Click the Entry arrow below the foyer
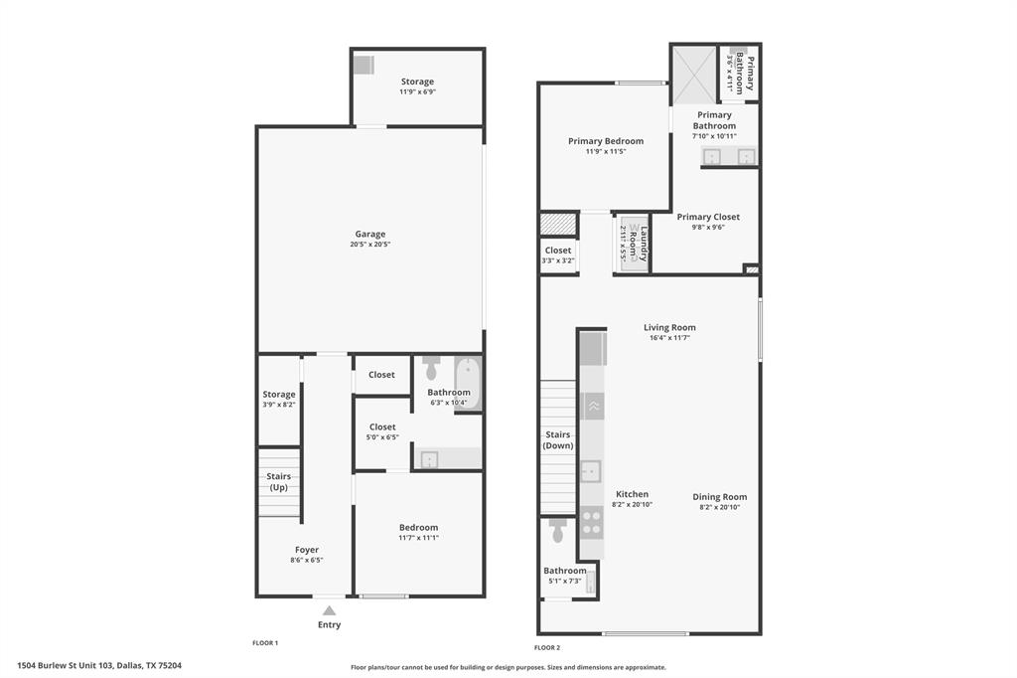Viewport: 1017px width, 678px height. click(x=329, y=610)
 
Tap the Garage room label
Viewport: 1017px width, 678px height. click(x=370, y=235)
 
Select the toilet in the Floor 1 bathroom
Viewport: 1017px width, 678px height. click(x=431, y=369)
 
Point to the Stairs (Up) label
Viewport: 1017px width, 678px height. click(x=278, y=482)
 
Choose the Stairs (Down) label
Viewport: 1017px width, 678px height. click(x=558, y=439)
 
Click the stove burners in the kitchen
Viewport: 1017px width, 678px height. click(x=591, y=521)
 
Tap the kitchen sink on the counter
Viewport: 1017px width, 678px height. click(x=591, y=470)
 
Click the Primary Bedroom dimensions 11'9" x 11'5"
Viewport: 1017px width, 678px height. click(x=606, y=152)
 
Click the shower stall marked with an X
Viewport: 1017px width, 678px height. click(x=693, y=74)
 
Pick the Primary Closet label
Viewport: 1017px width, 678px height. click(x=708, y=217)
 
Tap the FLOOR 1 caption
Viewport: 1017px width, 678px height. click(x=265, y=643)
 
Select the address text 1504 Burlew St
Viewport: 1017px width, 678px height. click(x=99, y=666)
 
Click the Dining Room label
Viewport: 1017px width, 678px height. click(x=720, y=497)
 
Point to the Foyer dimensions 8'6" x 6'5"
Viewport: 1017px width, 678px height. click(x=307, y=561)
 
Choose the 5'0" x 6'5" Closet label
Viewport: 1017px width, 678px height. click(x=382, y=427)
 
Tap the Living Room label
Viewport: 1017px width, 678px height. click(x=669, y=327)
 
